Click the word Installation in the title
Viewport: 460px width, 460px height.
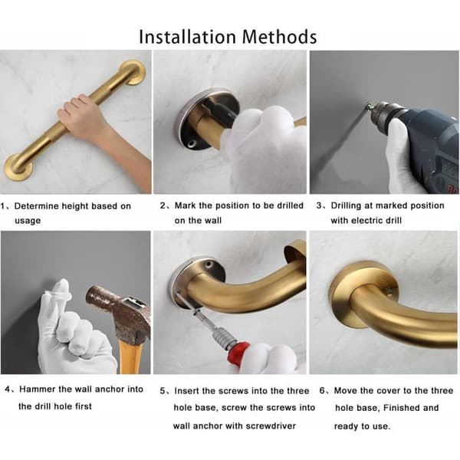pyautogui.click(x=188, y=37)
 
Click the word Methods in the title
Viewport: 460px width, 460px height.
pyautogui.click(x=279, y=37)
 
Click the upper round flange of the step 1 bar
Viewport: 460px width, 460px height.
pyautogui.click(x=133, y=73)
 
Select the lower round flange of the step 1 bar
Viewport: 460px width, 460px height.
pyautogui.click(x=18, y=167)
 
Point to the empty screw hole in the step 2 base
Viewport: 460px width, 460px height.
pyautogui.click(x=192, y=144)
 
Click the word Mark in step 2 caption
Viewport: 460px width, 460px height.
pyautogui.click(x=185, y=205)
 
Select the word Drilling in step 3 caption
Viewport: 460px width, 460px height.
pyautogui.click(x=347, y=205)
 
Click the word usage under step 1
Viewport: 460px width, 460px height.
pyautogui.click(x=28, y=221)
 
